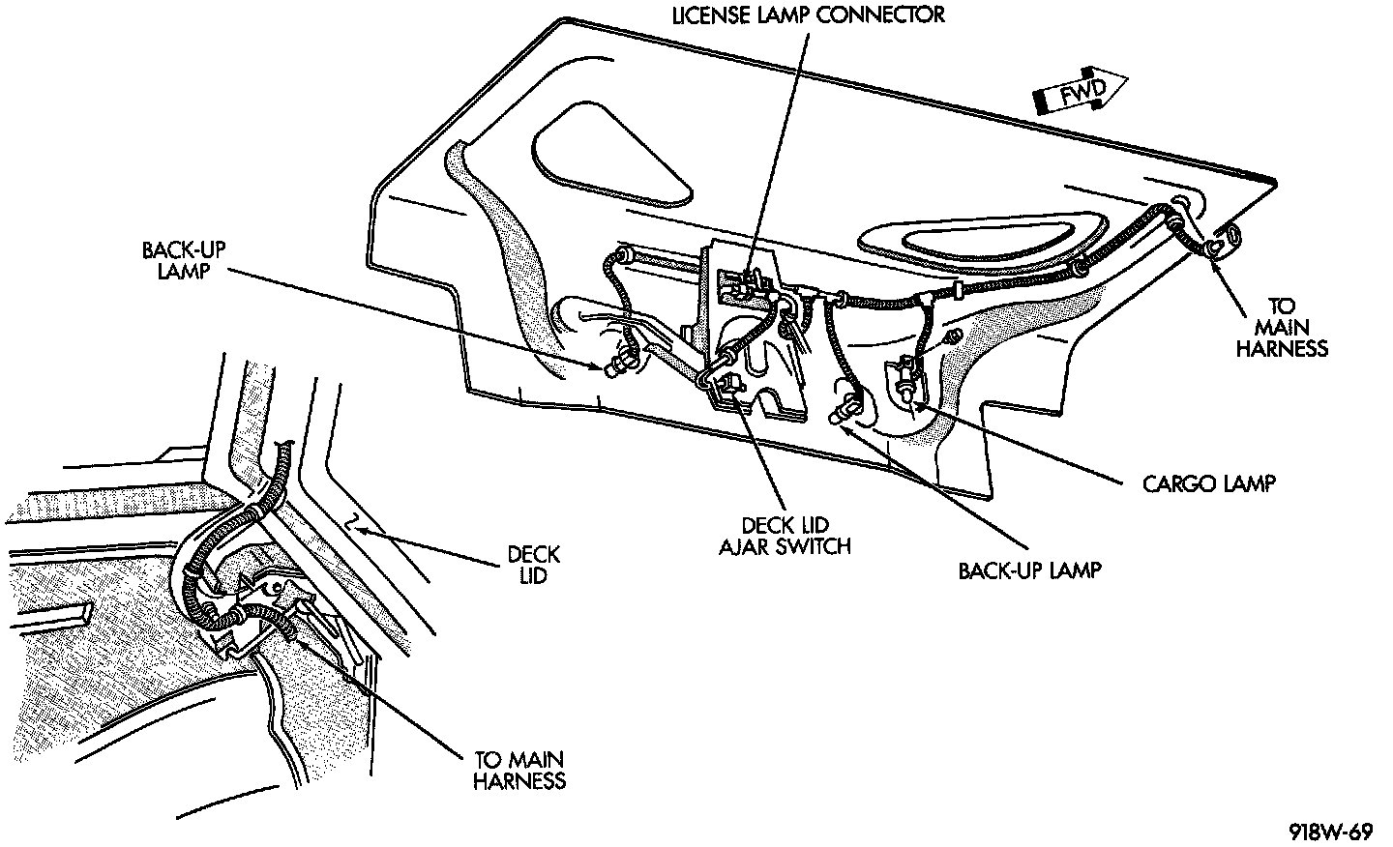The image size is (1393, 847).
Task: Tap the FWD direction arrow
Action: pos(1081,92)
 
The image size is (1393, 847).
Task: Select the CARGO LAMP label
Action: pos(1208,483)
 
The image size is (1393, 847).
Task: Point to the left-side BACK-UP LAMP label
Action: pos(177,261)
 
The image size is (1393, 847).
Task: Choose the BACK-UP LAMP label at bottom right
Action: pos(1029,570)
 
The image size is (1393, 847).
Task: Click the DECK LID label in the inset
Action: pos(533,565)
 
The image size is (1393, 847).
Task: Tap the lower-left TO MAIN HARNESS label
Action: pos(519,770)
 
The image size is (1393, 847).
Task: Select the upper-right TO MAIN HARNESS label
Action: pos(1281,328)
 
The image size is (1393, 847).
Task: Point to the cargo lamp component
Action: pos(905,376)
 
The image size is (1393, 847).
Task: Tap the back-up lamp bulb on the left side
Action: pos(616,366)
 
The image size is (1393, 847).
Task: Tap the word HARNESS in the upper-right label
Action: pos(1281,348)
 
